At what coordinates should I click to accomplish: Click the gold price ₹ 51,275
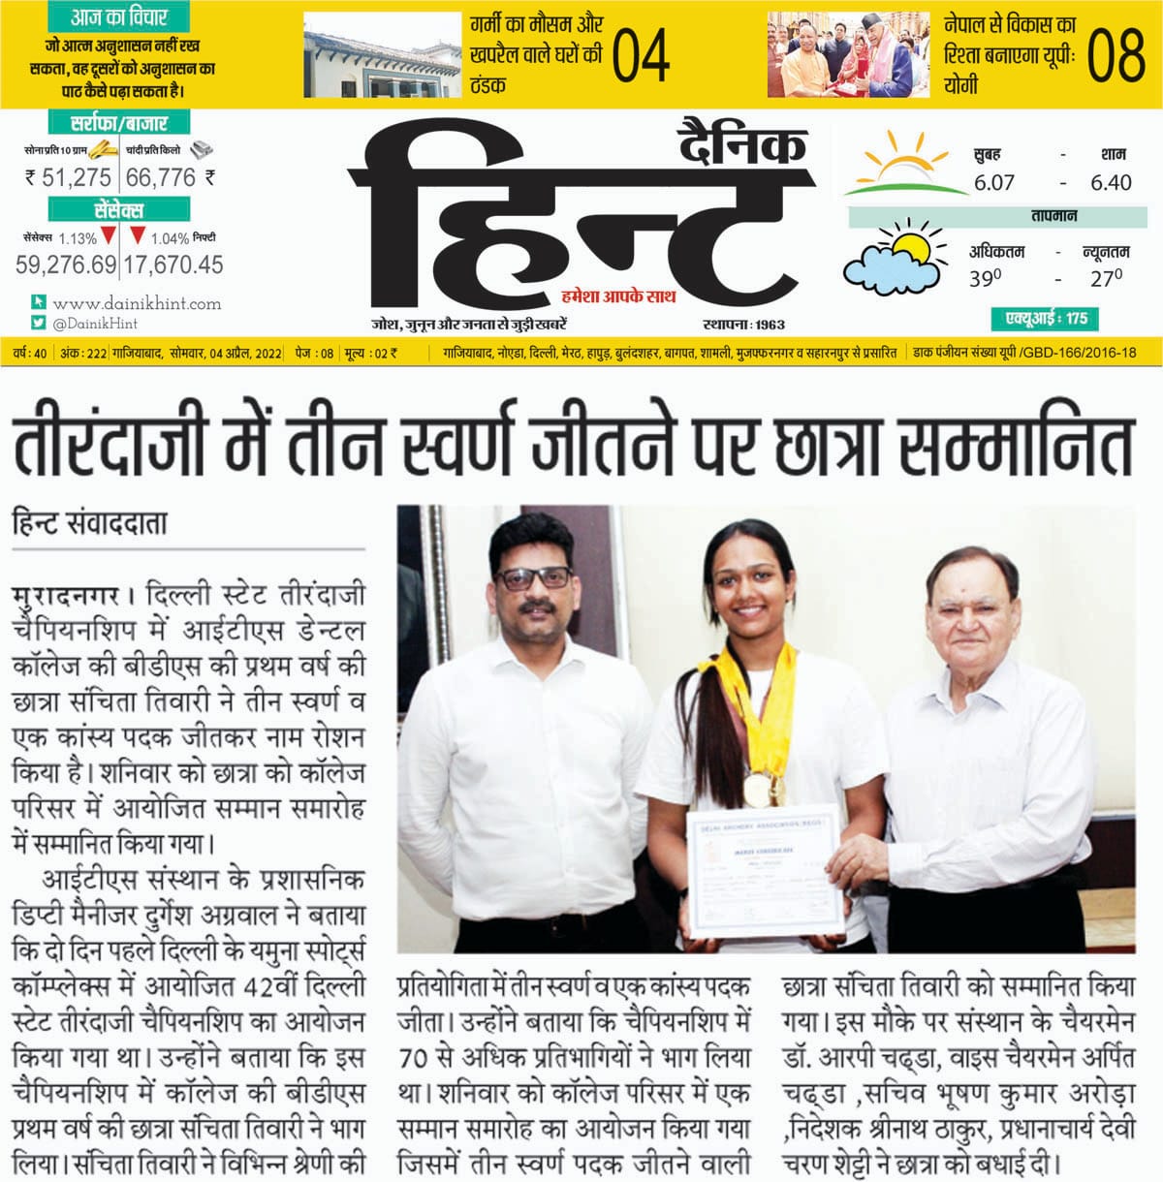click(x=69, y=177)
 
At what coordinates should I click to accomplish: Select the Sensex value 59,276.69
click(x=66, y=264)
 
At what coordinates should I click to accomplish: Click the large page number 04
click(x=641, y=56)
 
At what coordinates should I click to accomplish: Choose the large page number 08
click(x=1116, y=56)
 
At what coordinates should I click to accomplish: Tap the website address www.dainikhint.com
click(x=137, y=303)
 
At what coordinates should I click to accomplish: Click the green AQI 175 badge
click(x=1045, y=319)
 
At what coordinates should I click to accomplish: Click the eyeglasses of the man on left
click(x=533, y=578)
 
